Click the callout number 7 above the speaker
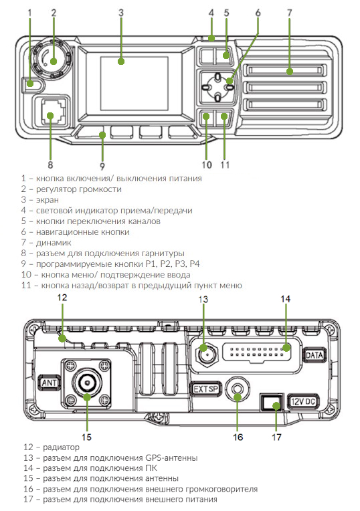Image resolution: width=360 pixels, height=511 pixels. tap(289, 13)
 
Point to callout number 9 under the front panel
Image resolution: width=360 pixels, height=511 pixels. tap(102, 165)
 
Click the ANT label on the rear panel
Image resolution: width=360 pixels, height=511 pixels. tap(49, 383)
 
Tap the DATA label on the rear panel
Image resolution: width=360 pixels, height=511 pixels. tap(314, 356)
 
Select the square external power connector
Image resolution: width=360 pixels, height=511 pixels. tap(272, 403)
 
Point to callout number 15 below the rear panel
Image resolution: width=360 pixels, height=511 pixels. tap(86, 437)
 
